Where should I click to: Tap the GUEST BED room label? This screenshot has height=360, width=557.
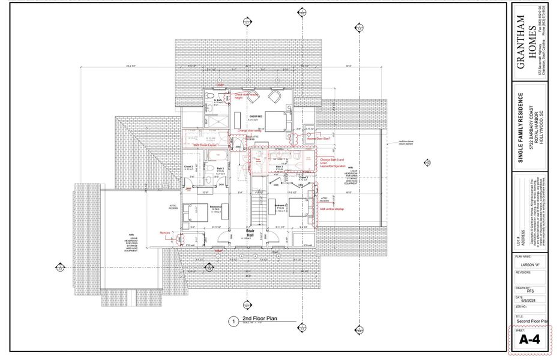pos(265,116)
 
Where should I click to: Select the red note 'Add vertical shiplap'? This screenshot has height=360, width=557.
pos(332,209)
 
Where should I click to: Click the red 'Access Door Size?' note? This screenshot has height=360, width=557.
pos(319,139)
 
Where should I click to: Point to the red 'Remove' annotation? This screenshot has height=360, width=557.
pos(164,233)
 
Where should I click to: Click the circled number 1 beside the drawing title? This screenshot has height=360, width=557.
pos(232,321)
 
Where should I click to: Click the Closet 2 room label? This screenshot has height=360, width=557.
pos(188,166)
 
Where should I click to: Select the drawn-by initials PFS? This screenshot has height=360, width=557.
pos(521,289)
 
